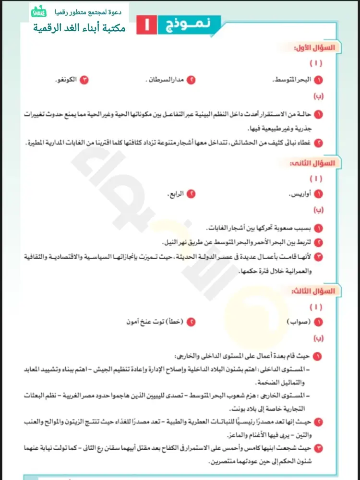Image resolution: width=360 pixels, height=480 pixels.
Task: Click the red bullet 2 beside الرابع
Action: coord(191,194)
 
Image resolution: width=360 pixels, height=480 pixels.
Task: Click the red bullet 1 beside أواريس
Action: coord(318,194)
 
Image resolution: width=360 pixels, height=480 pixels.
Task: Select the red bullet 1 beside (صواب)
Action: coord(318,322)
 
